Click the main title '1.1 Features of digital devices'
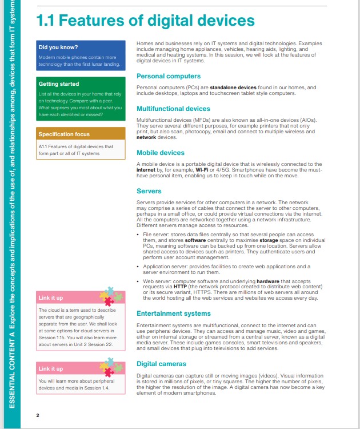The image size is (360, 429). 145,22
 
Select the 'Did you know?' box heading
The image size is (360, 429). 58,47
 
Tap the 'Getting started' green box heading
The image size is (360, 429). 58,84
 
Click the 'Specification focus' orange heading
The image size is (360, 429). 64,134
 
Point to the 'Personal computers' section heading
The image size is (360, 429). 169,76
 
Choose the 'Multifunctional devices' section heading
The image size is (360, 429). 174,109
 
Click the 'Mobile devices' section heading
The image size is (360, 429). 161,153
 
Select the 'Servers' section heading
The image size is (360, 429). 149,192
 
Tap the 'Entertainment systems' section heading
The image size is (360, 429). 174,313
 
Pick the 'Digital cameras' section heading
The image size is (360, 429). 161,364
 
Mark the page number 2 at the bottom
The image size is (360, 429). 38,415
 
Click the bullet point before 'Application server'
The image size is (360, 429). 138,267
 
